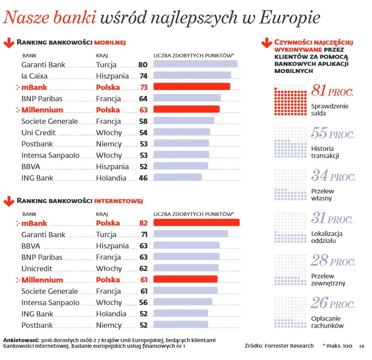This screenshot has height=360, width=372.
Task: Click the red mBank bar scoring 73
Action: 191,87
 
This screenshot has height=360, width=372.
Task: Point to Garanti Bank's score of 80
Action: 143,65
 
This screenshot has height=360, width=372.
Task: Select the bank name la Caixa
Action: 35,76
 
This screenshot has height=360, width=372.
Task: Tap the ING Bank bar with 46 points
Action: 177,177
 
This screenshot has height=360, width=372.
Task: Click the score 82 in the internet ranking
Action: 143,223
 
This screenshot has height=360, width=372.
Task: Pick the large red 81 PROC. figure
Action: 332,92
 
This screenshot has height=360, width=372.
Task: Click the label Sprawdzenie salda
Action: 330,110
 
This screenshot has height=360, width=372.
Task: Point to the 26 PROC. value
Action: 332,303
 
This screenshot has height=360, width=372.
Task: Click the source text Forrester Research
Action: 289,346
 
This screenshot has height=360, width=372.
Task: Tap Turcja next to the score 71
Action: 106,235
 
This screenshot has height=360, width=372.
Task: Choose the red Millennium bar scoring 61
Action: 185,279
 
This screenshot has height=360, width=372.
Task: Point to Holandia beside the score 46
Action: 111,178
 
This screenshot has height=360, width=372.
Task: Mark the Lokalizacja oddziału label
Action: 327,237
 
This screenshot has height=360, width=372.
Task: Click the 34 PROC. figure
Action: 333,177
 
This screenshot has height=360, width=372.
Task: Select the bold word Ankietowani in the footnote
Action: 21,339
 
